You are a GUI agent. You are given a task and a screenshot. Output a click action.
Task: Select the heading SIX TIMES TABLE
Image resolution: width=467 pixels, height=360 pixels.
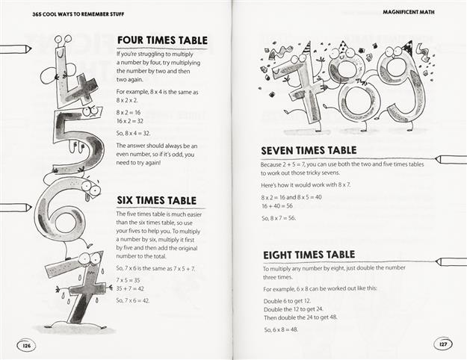[x=156, y=200]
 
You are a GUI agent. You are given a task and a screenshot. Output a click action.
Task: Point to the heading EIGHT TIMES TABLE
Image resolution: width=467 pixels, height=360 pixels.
[x=308, y=255]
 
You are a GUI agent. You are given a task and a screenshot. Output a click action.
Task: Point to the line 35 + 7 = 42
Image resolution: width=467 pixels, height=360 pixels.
[x=131, y=288]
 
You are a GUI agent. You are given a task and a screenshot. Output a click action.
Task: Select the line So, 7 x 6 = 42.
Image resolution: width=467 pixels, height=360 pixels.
[x=134, y=300]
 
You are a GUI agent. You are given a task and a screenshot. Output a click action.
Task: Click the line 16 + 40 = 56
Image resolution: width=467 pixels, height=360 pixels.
[x=277, y=205]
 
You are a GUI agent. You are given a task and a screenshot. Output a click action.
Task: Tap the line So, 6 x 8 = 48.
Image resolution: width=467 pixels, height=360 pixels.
[x=280, y=329]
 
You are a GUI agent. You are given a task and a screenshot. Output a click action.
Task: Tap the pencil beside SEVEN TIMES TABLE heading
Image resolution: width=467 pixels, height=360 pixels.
[x=447, y=160]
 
